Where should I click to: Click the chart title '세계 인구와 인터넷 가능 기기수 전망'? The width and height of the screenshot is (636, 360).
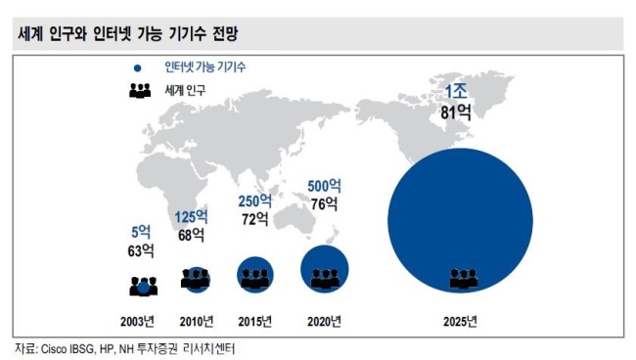click(x=127, y=33)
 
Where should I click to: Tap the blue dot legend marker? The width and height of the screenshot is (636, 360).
click(x=138, y=68)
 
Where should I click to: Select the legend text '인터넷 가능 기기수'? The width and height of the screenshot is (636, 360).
click(x=205, y=67)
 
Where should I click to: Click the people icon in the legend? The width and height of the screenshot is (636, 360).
click(x=140, y=90)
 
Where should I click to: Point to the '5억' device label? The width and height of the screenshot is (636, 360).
click(x=141, y=232)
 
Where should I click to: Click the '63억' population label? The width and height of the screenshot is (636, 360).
click(x=141, y=251)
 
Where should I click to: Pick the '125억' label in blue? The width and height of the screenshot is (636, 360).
click(x=191, y=217)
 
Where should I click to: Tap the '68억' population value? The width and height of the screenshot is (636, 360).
click(x=191, y=235)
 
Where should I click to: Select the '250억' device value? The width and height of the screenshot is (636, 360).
click(x=255, y=202)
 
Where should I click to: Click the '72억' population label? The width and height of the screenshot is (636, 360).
click(x=255, y=219)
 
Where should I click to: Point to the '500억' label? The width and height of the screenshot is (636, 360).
click(x=324, y=186)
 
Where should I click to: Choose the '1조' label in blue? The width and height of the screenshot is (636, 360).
click(x=456, y=92)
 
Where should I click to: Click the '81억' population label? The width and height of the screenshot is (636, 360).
click(x=456, y=112)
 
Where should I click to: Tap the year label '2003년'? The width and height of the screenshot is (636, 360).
click(x=137, y=322)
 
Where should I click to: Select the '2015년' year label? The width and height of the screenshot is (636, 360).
click(x=254, y=322)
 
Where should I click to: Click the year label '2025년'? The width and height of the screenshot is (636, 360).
click(x=460, y=322)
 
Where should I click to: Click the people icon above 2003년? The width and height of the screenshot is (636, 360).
click(x=144, y=287)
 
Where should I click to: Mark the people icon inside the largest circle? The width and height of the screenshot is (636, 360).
click(x=464, y=279)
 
